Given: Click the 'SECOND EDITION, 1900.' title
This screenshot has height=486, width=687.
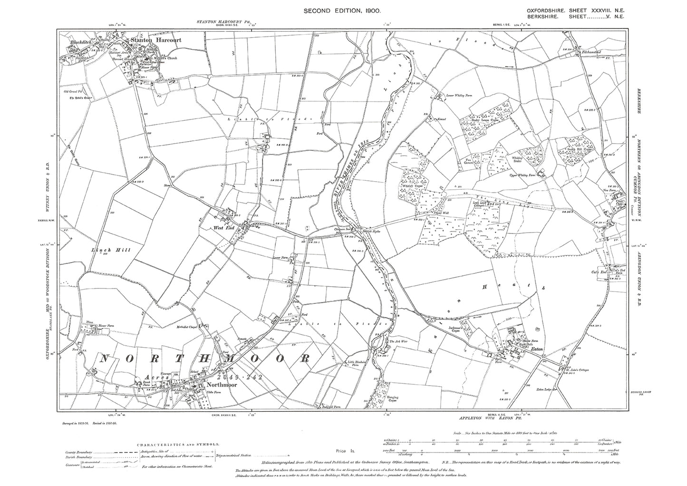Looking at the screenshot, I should pos(343,10).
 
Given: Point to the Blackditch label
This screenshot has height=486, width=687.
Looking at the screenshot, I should pos(80,42).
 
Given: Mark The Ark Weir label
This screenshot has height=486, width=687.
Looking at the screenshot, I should pos(396,341).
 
